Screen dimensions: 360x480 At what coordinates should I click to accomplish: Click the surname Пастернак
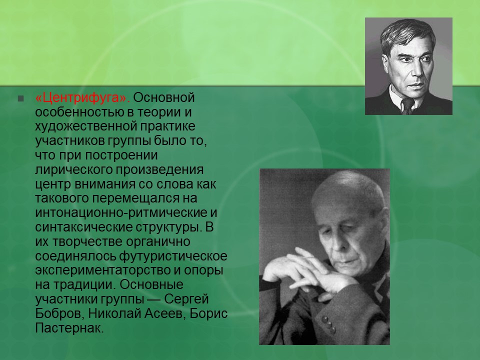pos(68,329)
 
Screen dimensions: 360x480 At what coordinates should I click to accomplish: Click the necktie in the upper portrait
pos(407,105)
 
